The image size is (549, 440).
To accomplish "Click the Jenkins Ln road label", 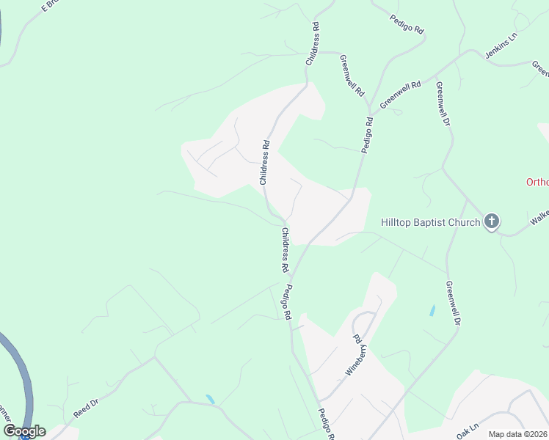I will [x=501, y=48].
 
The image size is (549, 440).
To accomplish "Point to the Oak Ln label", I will [x=467, y=430].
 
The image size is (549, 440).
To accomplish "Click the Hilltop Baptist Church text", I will [x=430, y=221].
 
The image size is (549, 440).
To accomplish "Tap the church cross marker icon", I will [x=492, y=221].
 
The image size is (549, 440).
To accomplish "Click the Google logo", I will [x=24, y=431].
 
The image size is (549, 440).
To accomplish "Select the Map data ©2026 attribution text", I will [x=517, y=434].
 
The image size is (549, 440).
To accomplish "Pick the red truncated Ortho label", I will [x=537, y=182].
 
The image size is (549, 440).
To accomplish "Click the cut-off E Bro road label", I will [x=54, y=7].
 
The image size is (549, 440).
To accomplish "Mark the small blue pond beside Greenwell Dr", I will [x=432, y=310].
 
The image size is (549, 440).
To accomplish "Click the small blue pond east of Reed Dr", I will [x=211, y=400].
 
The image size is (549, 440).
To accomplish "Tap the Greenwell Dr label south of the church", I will [x=453, y=302].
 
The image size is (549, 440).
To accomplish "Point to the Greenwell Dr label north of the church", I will [x=443, y=103].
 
